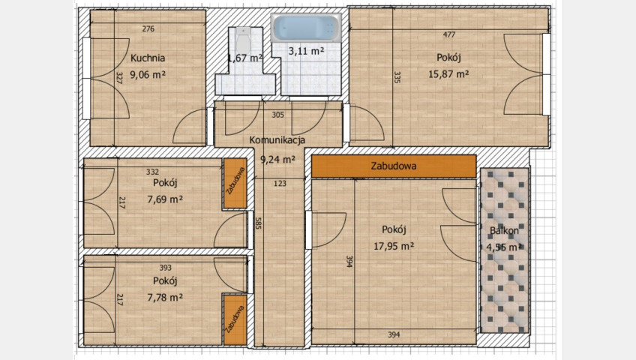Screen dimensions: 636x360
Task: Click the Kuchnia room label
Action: (x=148, y=58)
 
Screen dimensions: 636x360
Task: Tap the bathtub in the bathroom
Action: (x=306, y=28)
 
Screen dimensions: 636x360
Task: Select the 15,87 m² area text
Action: (x=448, y=74)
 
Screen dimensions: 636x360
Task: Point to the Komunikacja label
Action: (x=277, y=140)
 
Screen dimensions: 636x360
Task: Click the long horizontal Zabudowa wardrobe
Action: (x=394, y=166)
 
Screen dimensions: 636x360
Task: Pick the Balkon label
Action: (x=504, y=231)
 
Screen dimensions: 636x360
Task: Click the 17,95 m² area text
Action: (x=394, y=246)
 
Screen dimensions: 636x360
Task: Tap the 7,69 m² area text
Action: (x=165, y=199)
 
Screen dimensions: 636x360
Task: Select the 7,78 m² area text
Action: (x=165, y=298)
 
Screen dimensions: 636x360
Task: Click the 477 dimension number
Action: (x=449, y=34)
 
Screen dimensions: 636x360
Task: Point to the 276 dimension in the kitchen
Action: (x=148, y=28)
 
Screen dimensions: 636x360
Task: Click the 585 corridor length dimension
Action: (x=258, y=223)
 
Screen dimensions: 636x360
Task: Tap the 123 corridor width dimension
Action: (x=280, y=184)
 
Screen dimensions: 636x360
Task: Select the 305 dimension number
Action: (x=277, y=115)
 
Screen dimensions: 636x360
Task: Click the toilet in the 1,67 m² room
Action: (x=243, y=40)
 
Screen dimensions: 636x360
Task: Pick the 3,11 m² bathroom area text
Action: (x=306, y=51)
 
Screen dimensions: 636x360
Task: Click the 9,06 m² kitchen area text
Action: (x=148, y=74)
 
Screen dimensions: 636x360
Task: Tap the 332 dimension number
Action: (x=152, y=172)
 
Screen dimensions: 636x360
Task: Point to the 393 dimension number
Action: (x=166, y=268)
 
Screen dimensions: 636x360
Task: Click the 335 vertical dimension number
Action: (x=397, y=77)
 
